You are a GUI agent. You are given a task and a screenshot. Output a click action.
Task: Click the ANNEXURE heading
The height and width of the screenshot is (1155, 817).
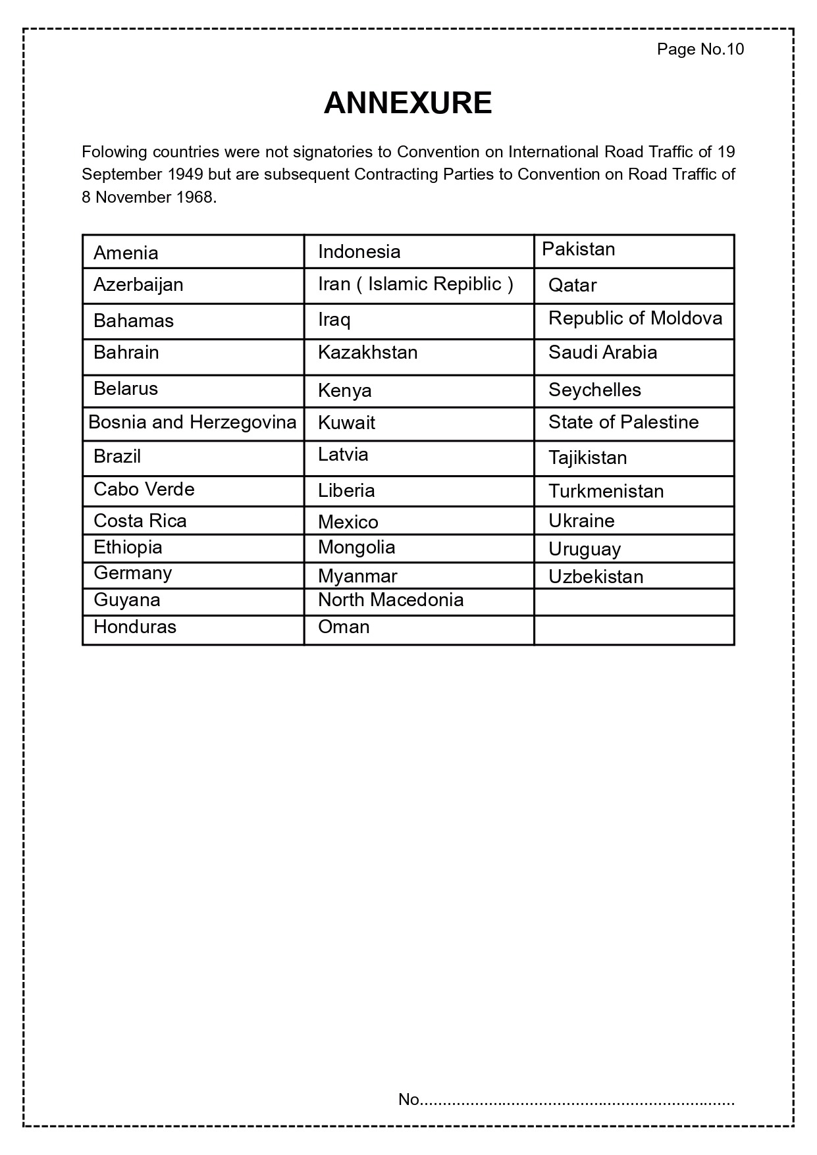tap(408, 103)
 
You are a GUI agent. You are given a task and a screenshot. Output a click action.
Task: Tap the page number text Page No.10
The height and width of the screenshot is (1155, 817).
tap(700, 49)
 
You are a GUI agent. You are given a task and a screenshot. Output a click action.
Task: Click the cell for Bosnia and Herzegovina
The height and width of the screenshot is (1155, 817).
tap(192, 422)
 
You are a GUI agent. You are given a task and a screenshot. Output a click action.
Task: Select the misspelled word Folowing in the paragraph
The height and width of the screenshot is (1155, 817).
tap(114, 152)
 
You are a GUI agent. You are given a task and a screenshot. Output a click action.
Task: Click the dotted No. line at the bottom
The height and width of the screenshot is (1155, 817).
tap(566, 1100)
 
